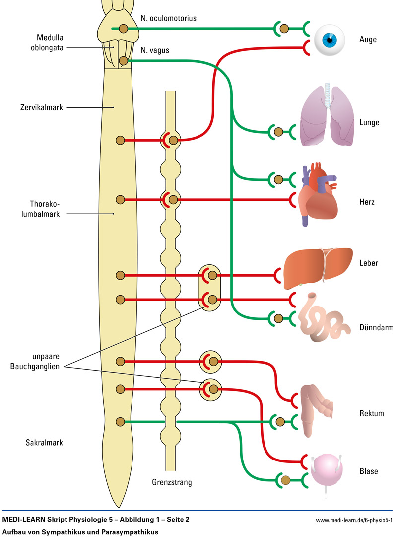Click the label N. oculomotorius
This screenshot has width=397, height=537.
pos(168,18)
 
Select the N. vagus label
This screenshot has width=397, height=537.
pos(154,50)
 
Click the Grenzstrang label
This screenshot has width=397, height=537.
pos(172,482)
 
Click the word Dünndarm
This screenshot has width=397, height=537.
pos(376,328)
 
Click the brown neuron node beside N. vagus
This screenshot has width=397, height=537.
pos(124,61)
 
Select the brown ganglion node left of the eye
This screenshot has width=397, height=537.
pos(284,29)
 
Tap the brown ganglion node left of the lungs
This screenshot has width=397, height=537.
pos(278,132)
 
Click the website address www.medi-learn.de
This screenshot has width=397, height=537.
pos(354,520)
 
